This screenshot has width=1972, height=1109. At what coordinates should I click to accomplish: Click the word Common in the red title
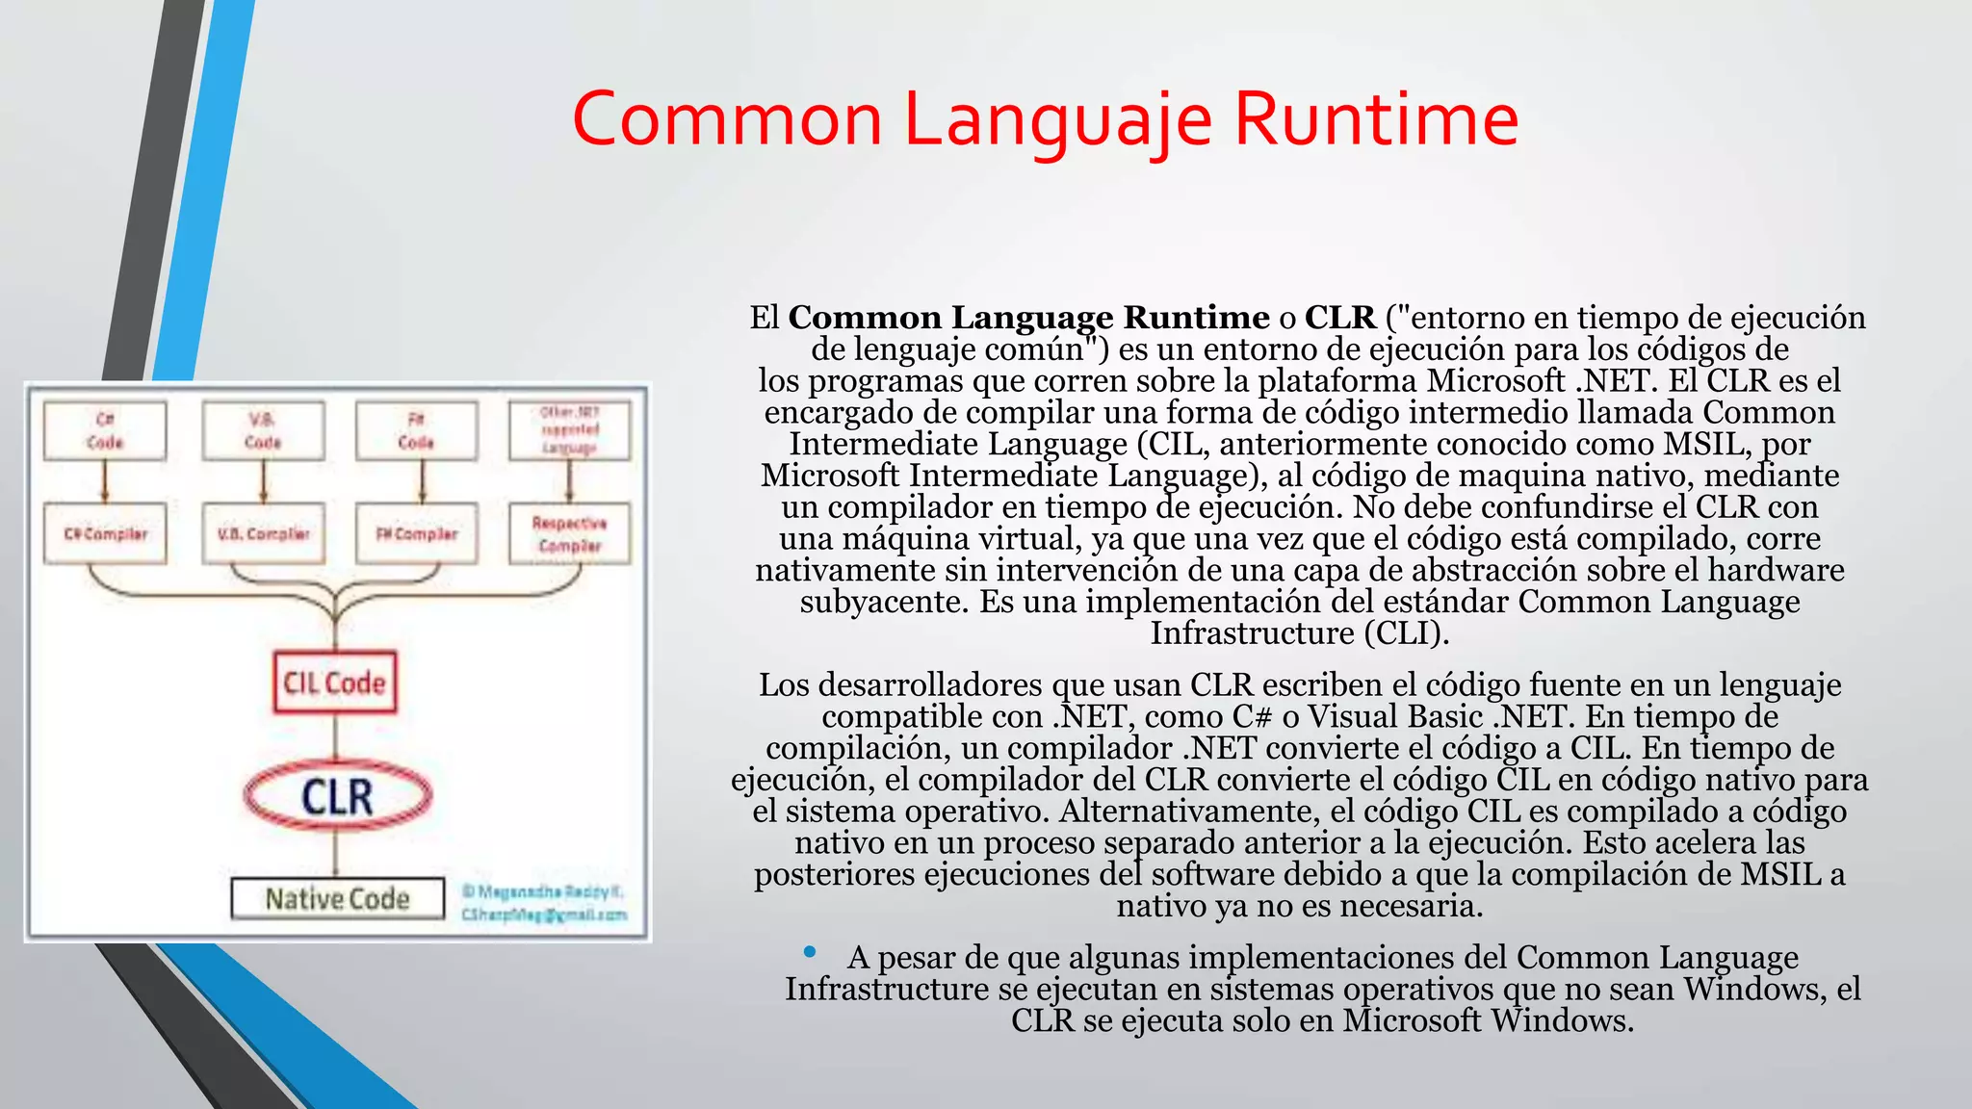pos(727,119)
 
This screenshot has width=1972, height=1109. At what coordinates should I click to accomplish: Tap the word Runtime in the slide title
pos(1376,119)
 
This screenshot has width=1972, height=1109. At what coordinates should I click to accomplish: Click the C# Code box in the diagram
pos(105,430)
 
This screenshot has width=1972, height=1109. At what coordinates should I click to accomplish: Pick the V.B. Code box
pos(263,430)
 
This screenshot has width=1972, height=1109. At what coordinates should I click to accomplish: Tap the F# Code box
pos(416,430)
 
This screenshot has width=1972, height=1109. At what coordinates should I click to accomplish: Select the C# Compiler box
pos(105,533)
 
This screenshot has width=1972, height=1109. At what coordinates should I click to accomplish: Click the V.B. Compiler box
pos(263,533)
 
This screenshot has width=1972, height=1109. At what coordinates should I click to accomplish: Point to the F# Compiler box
pos(416,533)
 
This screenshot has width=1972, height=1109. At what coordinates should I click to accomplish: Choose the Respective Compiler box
pos(570,533)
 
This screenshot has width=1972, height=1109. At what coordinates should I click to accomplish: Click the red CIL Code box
pos(334,683)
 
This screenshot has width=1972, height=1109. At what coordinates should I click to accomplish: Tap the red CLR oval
pos(337,796)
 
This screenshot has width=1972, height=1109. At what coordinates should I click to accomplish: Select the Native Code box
pos(337,898)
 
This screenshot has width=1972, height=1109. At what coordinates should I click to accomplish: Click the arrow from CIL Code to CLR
pos(335,737)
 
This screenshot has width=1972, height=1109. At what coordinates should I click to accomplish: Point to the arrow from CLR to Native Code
pos(335,853)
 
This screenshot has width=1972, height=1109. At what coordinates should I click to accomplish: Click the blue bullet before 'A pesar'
pos(810,952)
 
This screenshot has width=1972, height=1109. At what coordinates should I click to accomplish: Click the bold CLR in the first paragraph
pos(1340,317)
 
